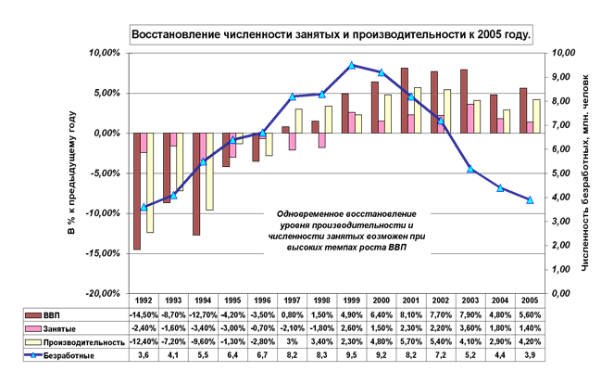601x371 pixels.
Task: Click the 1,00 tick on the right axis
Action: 561,269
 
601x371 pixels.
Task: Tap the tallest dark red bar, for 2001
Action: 405,100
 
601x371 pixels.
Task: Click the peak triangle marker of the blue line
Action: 352,65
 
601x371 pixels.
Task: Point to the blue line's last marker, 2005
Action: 530,199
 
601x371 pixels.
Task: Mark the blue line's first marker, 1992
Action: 144,207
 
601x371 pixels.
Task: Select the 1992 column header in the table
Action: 144,301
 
